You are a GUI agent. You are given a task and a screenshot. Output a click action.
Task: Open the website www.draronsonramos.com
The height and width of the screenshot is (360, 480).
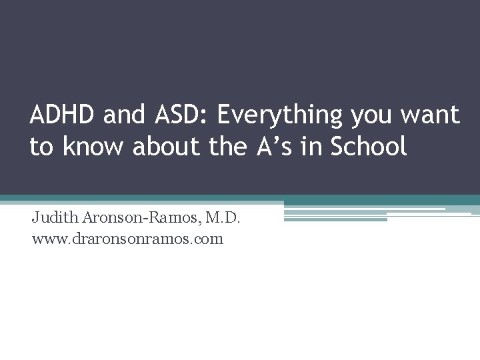click(127, 238)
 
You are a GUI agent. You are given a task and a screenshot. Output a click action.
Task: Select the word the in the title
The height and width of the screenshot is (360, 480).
click(227, 147)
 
